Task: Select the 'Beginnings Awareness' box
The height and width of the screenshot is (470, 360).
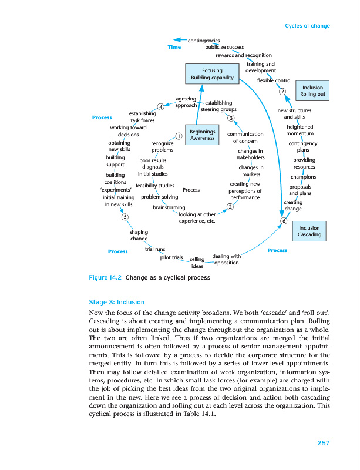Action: pos(202,134)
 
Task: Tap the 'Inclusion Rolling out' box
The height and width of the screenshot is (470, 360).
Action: pos(312,91)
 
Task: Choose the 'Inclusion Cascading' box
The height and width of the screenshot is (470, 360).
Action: pos(309,231)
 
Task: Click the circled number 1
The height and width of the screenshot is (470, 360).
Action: pos(178,136)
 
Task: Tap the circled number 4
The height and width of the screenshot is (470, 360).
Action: pos(160,106)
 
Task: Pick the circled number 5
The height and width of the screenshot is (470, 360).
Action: pos(125,217)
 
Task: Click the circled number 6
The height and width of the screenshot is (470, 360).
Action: pos(284,221)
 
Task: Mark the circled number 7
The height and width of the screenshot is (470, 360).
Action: pos(282,91)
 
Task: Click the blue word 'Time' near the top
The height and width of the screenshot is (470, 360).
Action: pos(174,47)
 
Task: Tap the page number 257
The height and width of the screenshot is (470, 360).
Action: pos(322,442)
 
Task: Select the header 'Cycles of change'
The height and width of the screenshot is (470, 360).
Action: pos(307,26)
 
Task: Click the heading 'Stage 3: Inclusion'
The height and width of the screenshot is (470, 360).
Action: pos(116,302)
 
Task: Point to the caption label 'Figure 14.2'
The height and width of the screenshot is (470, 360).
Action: pos(104,278)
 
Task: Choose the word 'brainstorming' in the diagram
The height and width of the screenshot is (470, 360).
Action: pos(169,207)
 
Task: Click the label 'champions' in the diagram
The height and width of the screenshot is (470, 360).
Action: pos(303,177)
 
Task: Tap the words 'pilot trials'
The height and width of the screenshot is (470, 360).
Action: pos(171,257)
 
